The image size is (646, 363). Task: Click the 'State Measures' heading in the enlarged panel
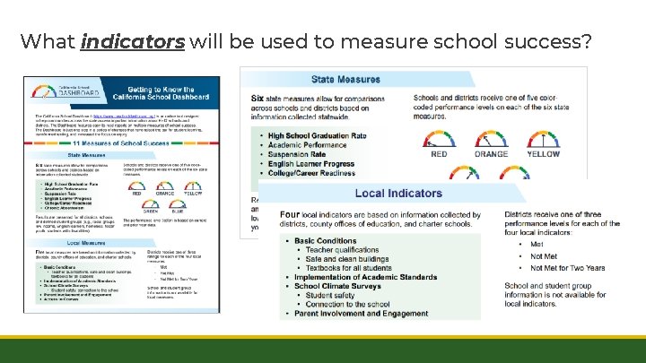pos(345,80)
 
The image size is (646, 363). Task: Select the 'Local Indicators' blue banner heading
pos(398,193)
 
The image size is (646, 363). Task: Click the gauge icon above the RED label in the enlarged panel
pos(439,136)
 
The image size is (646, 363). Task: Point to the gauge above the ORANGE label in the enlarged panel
pos(492,136)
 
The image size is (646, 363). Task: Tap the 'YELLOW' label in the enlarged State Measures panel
pos(544,154)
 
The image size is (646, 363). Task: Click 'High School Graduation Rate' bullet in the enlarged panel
pos(319,136)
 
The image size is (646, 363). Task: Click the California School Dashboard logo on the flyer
pos(56,95)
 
